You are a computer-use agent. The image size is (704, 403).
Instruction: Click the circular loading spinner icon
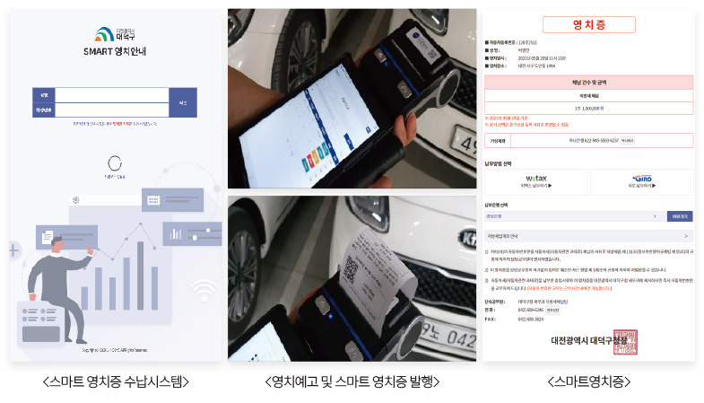point(114,163)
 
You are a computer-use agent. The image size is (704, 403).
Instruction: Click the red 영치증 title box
point(589,24)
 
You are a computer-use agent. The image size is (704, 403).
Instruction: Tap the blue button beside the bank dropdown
point(679,216)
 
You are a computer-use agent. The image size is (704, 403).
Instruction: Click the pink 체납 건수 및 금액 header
point(589,82)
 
